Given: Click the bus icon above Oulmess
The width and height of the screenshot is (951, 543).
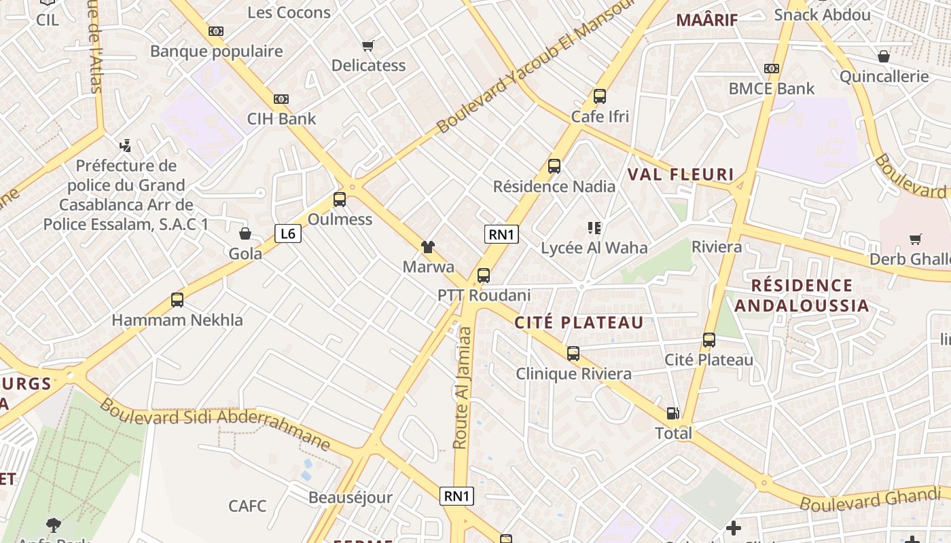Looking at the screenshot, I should click(x=340, y=200).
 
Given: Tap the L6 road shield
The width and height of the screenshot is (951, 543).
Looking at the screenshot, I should click(x=288, y=234).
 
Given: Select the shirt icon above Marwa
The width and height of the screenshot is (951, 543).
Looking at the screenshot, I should click(x=428, y=246).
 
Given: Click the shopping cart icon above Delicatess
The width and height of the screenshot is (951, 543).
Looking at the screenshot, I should click(x=368, y=45).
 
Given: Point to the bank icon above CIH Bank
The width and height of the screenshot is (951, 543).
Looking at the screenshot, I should click(x=281, y=99).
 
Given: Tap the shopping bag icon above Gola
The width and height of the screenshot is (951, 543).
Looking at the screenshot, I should click(x=245, y=233).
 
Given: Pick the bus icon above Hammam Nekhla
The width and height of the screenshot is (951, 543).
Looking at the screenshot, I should click(x=177, y=299).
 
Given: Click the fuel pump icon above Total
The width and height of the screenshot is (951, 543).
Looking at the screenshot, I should click(x=672, y=413).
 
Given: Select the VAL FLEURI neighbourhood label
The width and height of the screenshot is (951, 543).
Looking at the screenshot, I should click(x=681, y=174).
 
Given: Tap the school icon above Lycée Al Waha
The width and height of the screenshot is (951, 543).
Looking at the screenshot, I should click(x=594, y=228).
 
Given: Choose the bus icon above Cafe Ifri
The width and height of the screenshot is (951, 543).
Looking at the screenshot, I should click(x=599, y=96).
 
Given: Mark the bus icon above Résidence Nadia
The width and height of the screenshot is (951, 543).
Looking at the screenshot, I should click(x=554, y=166).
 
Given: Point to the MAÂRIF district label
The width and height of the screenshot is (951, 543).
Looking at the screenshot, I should click(x=706, y=20).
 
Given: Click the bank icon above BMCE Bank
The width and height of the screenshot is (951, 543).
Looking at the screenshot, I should click(x=771, y=69).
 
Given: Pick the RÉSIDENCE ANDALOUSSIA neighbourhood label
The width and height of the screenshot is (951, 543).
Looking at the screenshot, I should click(x=802, y=295).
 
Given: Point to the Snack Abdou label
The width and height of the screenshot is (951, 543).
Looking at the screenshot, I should click(x=822, y=14).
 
